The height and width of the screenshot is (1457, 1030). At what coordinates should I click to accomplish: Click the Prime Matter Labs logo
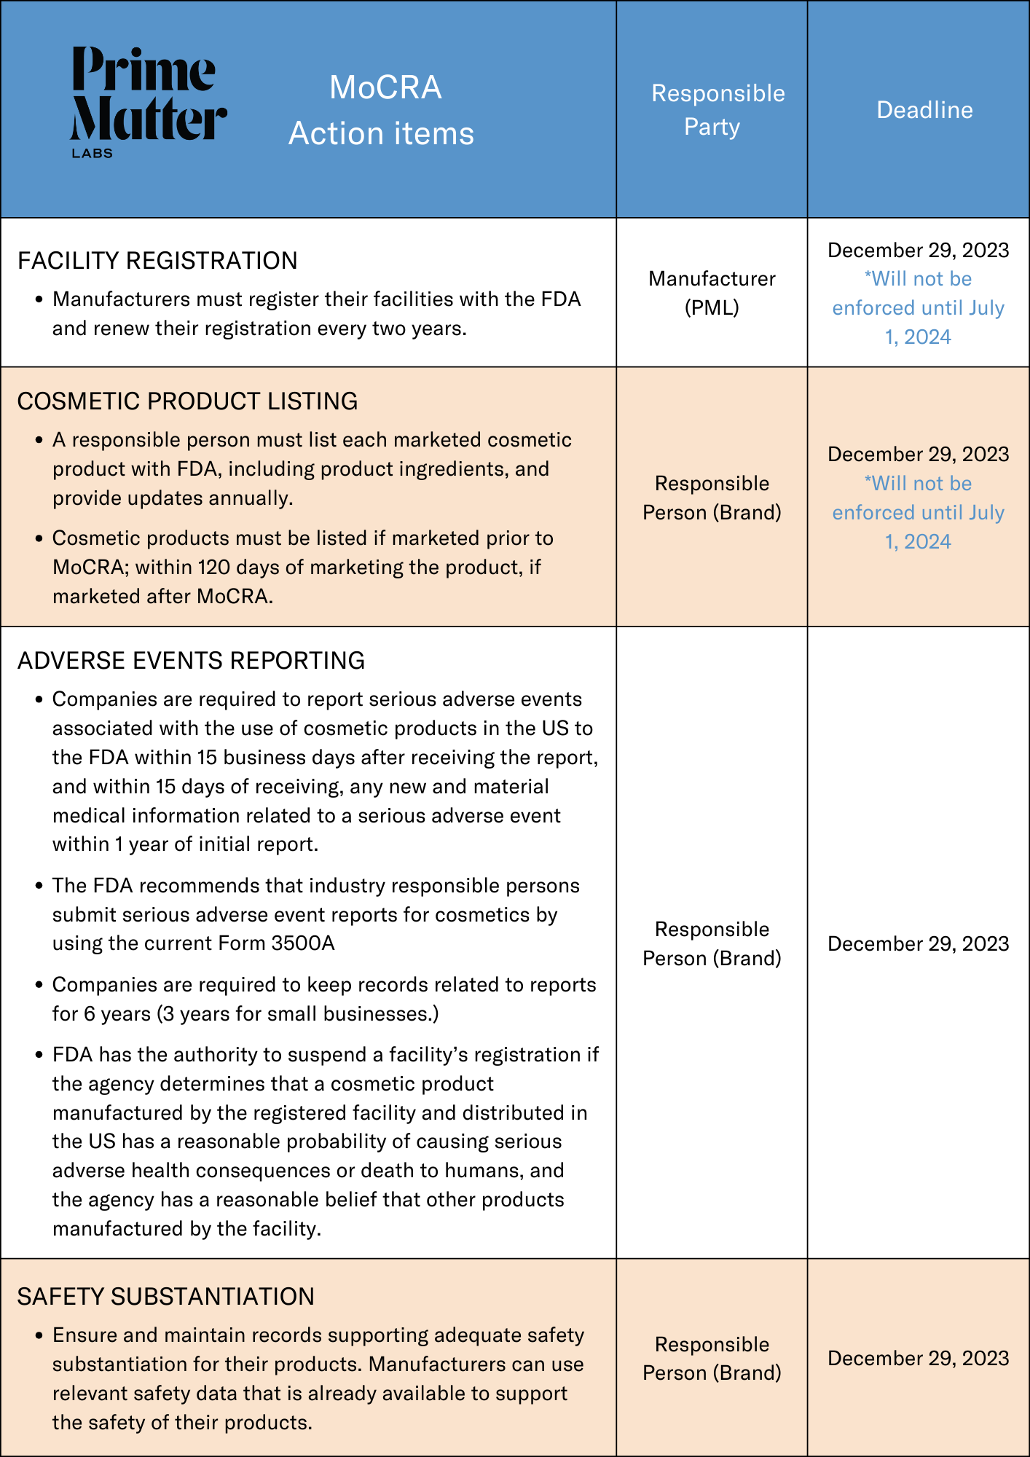(148, 101)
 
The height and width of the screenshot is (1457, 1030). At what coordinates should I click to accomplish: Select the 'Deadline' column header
(924, 110)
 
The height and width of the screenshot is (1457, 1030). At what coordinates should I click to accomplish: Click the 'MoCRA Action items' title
(382, 110)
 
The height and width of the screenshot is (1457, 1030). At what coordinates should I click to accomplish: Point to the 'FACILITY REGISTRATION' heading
(157, 261)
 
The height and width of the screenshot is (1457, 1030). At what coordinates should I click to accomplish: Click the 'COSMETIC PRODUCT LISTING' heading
(187, 401)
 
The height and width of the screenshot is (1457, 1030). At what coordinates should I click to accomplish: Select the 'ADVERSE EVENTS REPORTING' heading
(191, 661)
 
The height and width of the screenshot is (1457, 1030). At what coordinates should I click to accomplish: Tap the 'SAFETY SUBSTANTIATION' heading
(165, 1297)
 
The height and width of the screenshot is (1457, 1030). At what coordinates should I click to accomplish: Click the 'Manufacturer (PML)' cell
(712, 293)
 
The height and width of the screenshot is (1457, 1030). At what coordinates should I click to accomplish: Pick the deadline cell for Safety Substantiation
(918, 1359)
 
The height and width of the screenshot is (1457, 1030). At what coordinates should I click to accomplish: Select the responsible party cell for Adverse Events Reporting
(712, 943)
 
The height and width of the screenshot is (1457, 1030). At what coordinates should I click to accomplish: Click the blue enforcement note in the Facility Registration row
(918, 308)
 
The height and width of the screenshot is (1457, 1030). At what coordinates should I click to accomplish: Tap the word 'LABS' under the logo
(92, 154)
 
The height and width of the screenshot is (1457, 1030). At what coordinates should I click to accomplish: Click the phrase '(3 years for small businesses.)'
(299, 1014)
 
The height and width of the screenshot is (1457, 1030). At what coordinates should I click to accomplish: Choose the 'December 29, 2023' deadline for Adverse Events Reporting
(918, 944)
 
